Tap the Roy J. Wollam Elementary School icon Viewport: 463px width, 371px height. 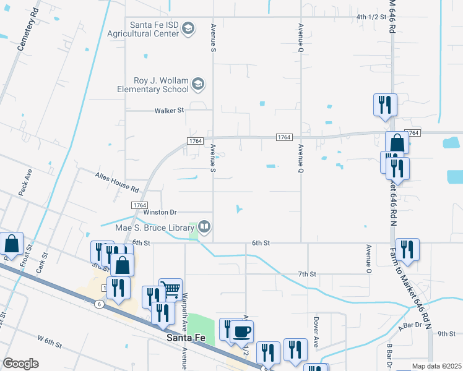(x=198, y=83)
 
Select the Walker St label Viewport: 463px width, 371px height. (x=169, y=111)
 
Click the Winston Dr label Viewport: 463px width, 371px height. (x=156, y=212)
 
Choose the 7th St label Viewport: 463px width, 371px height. (x=307, y=273)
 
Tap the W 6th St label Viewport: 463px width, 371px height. (x=51, y=339)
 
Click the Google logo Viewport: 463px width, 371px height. (x=20, y=363)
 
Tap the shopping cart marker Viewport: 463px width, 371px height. (x=170, y=288)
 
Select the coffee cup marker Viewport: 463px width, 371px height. (x=241, y=331)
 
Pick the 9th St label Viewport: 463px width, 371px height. (x=446, y=334)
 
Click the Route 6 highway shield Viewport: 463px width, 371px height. (x=99, y=304)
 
